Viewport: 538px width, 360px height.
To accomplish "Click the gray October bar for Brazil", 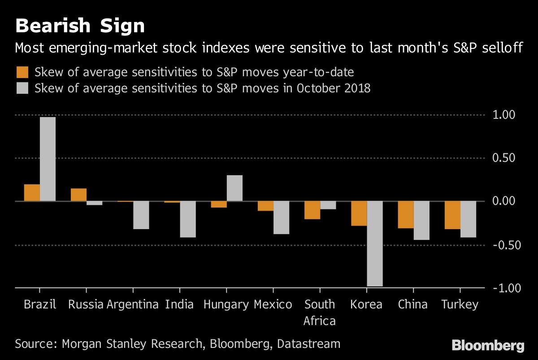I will pos(48,159).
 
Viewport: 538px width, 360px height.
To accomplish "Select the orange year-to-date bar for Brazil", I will pos(32,192).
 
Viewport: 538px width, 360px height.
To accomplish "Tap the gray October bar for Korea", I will pos(375,243).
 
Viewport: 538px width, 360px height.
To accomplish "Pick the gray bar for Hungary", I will pos(234,188).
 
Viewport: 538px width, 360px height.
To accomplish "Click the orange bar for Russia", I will pos(78,195).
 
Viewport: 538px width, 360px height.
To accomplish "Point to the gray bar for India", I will pos(188,219).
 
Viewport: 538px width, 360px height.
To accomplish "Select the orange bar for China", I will pos(406,215).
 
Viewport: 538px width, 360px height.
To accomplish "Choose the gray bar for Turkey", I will pos(468,219).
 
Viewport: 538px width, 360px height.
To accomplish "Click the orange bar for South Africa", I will pos(312,210).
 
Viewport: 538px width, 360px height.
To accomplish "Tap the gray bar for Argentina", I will pos(141,215).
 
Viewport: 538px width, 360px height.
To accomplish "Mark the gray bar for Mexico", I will pos(281,217).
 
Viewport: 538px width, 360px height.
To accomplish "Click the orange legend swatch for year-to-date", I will pos(22,72).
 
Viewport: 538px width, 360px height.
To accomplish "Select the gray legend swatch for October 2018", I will pos(22,88).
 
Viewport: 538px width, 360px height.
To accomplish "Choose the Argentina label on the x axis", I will pos(133,305).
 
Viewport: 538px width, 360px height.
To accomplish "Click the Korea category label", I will pos(366,305).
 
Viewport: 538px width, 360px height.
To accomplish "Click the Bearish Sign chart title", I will pos(80,26).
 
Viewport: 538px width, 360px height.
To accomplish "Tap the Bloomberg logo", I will pos(488,345).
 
